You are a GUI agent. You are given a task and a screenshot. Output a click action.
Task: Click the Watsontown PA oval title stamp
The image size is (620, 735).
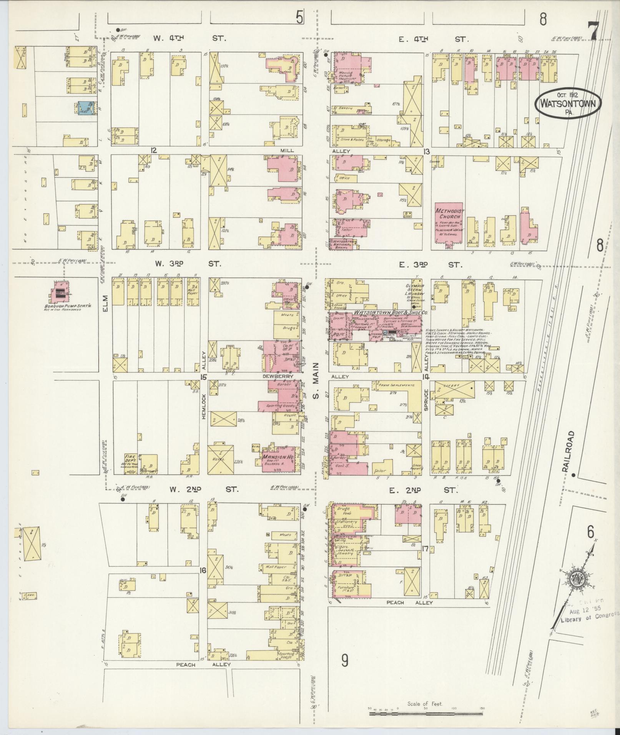[x=568, y=103]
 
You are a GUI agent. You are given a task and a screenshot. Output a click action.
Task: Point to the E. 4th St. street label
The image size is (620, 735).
[x=434, y=39]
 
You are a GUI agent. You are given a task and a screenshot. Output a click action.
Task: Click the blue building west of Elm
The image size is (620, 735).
[x=86, y=108]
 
